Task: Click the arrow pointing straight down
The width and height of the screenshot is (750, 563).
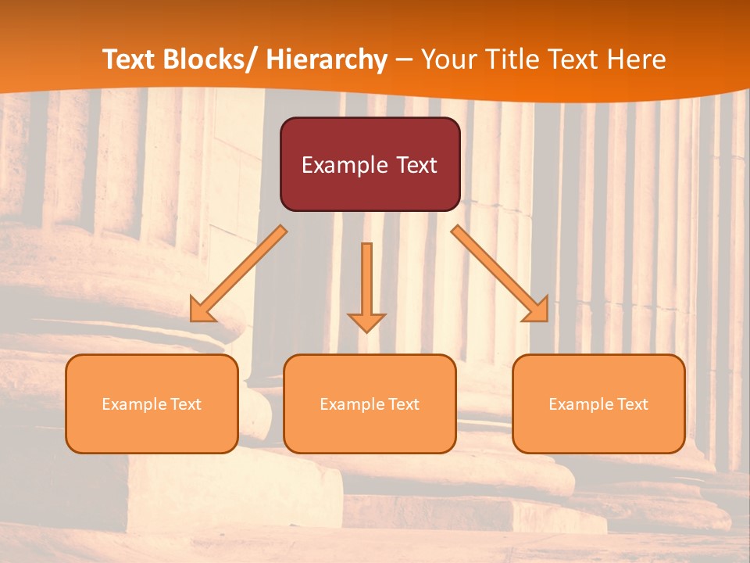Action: (x=367, y=285)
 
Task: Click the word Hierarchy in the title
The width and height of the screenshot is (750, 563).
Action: (x=327, y=60)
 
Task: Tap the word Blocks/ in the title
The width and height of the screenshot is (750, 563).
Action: (x=215, y=60)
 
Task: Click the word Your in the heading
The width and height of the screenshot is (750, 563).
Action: (x=449, y=60)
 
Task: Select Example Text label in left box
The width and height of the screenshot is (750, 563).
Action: (x=152, y=404)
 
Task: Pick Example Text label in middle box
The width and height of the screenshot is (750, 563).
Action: (x=370, y=404)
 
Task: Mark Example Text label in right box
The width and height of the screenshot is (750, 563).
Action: (x=598, y=404)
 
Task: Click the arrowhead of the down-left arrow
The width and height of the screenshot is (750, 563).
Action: (x=201, y=310)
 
